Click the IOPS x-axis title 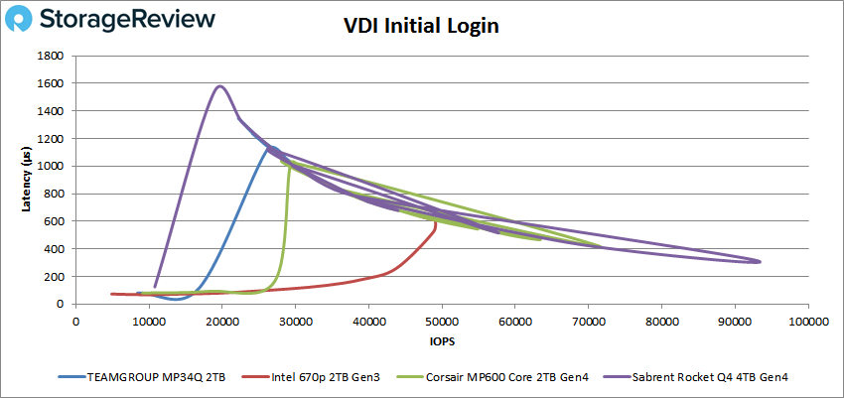click(x=442, y=341)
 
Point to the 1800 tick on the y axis click(x=53, y=56)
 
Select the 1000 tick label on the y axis click(x=53, y=166)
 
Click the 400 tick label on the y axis click(x=56, y=248)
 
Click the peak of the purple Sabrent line click(x=220, y=86)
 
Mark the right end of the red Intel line click(x=436, y=225)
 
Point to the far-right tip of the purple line click(x=760, y=261)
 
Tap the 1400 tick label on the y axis click(x=53, y=111)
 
